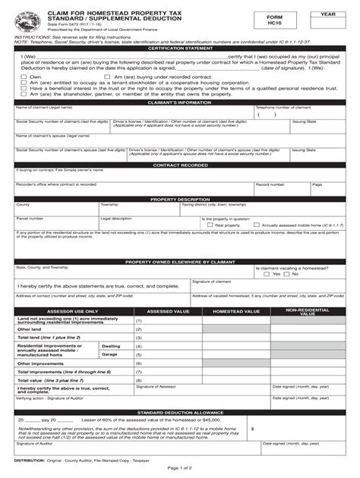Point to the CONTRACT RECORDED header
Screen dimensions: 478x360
pyautogui.click(x=180, y=165)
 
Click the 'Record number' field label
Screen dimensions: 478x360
pyautogui.click(x=270, y=184)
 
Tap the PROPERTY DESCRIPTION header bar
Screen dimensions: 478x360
pyautogui.click(x=180, y=199)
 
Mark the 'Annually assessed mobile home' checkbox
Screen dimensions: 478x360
pyautogui.click(x=257, y=225)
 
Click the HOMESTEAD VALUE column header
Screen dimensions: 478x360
pyautogui.click(x=237, y=311)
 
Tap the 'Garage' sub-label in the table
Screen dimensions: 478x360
pyautogui.click(x=110, y=354)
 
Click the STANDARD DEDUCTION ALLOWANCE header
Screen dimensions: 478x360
pyautogui.click(x=180, y=412)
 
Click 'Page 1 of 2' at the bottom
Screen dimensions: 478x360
pyautogui.click(x=180, y=470)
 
